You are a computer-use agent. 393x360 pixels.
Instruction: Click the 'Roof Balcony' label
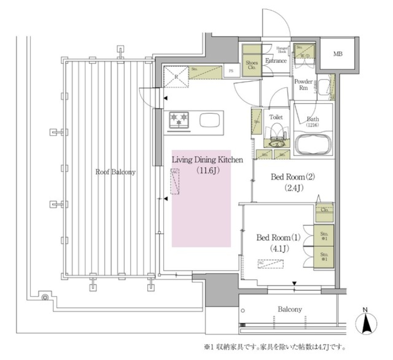[115, 172]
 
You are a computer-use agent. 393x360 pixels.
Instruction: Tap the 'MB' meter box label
[338, 54]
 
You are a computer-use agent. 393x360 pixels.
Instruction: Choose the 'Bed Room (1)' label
[278, 237]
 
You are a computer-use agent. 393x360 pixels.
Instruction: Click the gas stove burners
[179, 120]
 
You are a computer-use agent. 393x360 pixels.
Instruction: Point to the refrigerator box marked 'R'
[176, 76]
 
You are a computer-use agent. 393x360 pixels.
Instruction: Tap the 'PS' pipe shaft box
[232, 71]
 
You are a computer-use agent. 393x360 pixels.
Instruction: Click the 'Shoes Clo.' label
[252, 65]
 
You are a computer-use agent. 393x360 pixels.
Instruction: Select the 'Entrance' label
[276, 61]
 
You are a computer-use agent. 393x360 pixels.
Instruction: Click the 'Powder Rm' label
[303, 84]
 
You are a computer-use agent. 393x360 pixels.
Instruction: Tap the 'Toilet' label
[276, 117]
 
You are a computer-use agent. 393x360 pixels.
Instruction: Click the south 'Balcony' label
[290, 309]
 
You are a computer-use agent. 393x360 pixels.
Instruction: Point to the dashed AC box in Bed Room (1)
[271, 264]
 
